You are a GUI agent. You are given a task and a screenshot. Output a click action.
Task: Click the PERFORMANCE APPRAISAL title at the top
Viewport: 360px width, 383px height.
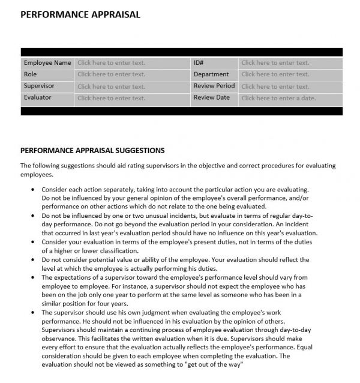80,14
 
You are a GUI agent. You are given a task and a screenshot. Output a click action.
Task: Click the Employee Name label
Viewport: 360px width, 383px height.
47,62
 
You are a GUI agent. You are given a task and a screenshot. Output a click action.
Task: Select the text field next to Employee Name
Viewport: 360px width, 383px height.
111,62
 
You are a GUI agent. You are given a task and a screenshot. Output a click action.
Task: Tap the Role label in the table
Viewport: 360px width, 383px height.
30,74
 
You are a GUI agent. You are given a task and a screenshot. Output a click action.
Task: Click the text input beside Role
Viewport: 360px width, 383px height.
111,74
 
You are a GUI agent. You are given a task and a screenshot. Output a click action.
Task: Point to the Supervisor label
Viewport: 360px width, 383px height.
38,86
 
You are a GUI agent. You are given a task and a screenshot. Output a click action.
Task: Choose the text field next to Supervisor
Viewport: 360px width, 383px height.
111,86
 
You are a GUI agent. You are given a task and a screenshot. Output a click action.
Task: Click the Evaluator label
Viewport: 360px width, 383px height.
37,97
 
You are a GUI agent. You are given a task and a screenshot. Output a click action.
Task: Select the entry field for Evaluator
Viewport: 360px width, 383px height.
111,98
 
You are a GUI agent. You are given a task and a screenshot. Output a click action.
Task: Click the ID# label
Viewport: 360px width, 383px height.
199,62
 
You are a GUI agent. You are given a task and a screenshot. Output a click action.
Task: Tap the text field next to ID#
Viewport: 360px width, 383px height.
275,62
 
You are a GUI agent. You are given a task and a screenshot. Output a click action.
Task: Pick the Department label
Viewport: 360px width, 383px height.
211,74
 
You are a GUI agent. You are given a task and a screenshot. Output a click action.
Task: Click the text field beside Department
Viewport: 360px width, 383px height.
275,74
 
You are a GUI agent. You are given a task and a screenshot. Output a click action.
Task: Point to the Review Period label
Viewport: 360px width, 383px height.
214,86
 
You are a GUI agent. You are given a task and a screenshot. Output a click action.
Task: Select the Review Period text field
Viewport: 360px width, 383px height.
275,86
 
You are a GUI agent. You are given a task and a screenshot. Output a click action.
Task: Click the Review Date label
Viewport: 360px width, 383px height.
211,97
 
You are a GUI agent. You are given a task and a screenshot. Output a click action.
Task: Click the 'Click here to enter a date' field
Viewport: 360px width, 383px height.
278,98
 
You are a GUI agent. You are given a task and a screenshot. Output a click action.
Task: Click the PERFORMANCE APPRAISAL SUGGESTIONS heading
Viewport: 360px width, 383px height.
92,151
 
